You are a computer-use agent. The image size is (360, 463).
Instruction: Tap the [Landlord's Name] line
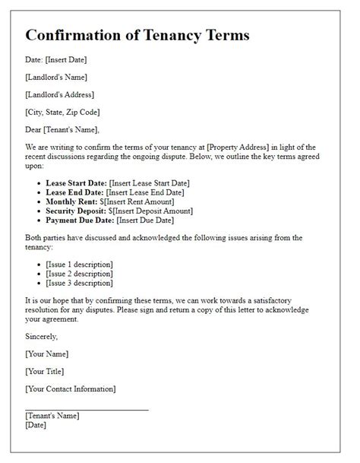pos(56,77)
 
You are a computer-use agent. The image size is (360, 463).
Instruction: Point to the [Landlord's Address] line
pos(59,94)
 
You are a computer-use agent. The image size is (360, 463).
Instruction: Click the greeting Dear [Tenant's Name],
pos(62,129)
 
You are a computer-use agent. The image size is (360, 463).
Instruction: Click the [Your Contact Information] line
pos(71,389)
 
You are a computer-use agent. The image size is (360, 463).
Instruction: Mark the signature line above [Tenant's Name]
pos(87,410)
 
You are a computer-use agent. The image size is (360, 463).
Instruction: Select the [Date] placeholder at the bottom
pos(36,425)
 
